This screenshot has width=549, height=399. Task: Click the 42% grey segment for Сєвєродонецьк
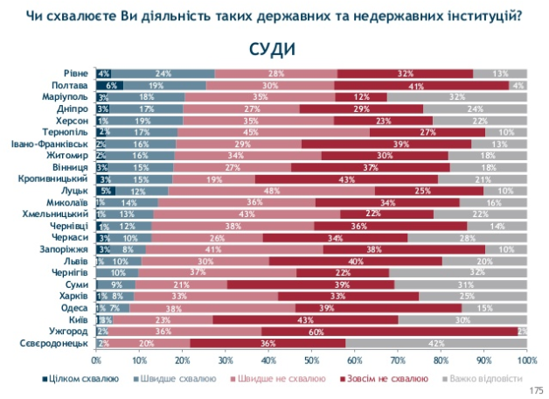coord(436,344)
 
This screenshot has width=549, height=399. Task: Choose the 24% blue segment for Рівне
coord(163,73)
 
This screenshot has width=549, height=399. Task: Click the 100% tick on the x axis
coord(525,360)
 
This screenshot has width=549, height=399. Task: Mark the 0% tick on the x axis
coord(96,360)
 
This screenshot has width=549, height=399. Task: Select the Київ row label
coord(76,319)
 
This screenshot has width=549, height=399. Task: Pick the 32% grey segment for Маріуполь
coord(457,98)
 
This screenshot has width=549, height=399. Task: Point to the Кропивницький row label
coord(56,178)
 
